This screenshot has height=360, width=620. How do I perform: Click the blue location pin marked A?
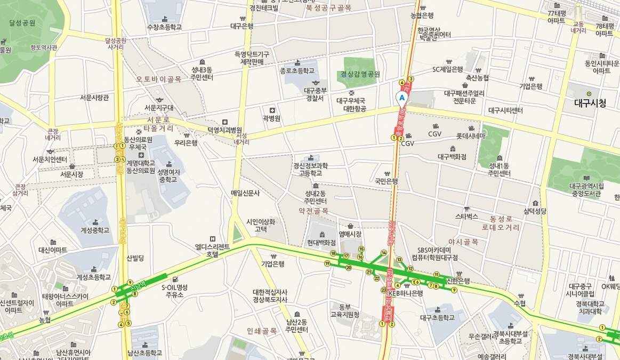402,98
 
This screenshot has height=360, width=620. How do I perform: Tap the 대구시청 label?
590,103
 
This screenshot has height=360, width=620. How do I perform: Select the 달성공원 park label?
22,23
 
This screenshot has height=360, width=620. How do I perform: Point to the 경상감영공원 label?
360,74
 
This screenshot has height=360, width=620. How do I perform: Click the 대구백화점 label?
452,157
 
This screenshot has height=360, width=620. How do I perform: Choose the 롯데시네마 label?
471,135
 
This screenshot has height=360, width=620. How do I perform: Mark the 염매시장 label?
350,234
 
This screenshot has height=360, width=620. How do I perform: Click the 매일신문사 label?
245,193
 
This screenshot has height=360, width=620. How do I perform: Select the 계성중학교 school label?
95,230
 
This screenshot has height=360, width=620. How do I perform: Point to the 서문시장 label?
71,174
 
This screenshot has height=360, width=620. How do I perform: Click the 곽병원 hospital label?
271,118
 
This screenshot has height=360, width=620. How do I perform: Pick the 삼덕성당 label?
535,211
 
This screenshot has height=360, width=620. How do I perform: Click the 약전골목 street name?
313,211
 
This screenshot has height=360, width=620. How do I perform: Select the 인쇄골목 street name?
262,331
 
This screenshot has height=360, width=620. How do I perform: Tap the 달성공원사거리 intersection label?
115,43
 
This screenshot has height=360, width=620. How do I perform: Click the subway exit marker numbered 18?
333,253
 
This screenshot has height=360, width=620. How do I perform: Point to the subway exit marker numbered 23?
383,290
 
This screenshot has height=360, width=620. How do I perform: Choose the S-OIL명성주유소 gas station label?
175,291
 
